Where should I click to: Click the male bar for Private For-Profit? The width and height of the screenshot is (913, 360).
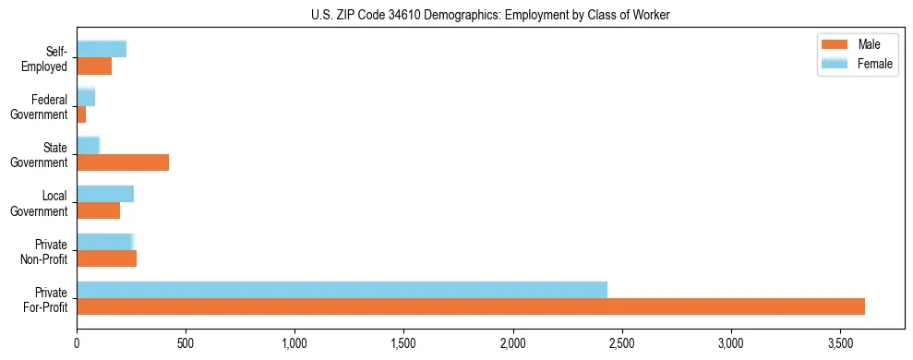471,306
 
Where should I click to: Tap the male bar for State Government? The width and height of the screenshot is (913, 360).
123,162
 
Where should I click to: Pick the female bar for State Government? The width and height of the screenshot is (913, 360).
88,146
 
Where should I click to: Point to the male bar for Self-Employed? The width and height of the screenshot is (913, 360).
94,66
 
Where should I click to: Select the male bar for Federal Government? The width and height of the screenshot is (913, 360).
81,114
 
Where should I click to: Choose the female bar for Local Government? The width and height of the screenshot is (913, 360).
105,194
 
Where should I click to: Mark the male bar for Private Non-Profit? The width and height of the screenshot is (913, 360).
106,258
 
